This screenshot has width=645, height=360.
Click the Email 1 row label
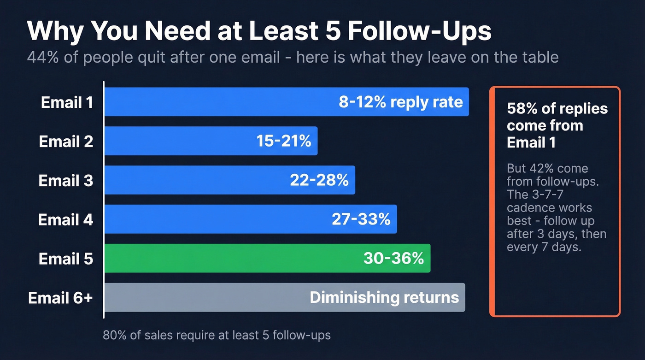pos(67,102)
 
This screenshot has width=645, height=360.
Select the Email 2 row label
pos(66,141)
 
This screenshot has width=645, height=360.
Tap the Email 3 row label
pos(66,180)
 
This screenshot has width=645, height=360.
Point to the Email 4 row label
pos(65,219)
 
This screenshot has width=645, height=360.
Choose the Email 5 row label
pos(66,259)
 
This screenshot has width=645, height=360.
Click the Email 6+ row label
pos(60,298)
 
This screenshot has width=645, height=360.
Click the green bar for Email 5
pos(230,258)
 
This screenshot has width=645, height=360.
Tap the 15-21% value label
pos(284,141)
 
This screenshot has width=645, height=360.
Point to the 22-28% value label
pos(319,180)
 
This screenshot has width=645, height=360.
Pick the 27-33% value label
pos(361,219)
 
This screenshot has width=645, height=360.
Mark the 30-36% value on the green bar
pos(393,259)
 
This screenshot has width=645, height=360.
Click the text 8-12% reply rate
pos(401,102)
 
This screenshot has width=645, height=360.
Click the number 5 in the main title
pos(332,31)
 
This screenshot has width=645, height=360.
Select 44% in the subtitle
pos(40,58)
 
